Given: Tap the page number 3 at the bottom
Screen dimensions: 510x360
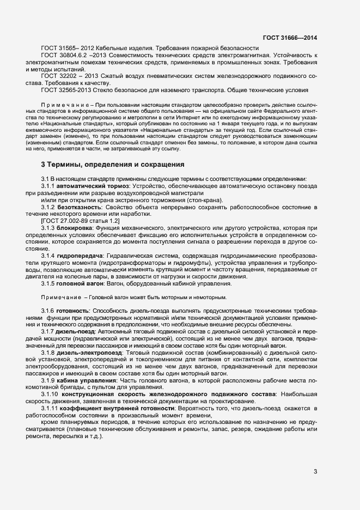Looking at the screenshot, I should pyautogui.click(x=315, y=471).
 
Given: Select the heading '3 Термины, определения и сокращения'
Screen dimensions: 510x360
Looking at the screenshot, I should pyautogui.click(x=113, y=164).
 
